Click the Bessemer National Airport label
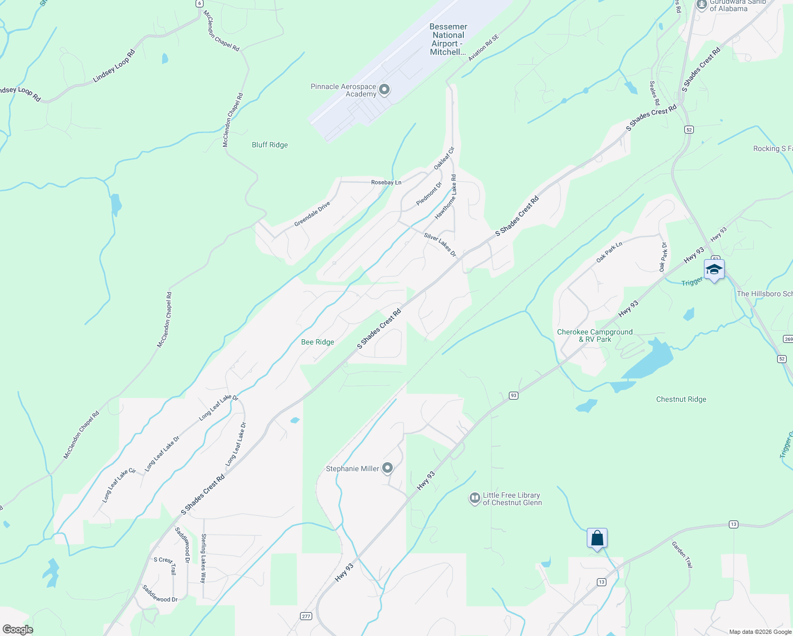click(448, 39)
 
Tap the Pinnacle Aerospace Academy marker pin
click(385, 90)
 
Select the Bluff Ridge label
click(270, 145)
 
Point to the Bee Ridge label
click(318, 342)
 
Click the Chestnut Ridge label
click(681, 399)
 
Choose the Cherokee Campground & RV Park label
click(595, 335)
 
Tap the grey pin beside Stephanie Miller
click(388, 468)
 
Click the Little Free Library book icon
click(475, 498)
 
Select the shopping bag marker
click(597, 538)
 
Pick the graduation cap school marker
click(714, 269)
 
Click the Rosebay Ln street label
click(386, 182)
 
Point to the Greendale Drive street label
click(312, 214)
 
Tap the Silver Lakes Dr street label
click(440, 244)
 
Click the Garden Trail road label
click(682, 554)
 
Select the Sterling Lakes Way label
click(203, 559)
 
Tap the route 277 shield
click(306, 616)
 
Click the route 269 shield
click(788, 339)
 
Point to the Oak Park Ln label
click(609, 252)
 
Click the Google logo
click(17, 630)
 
